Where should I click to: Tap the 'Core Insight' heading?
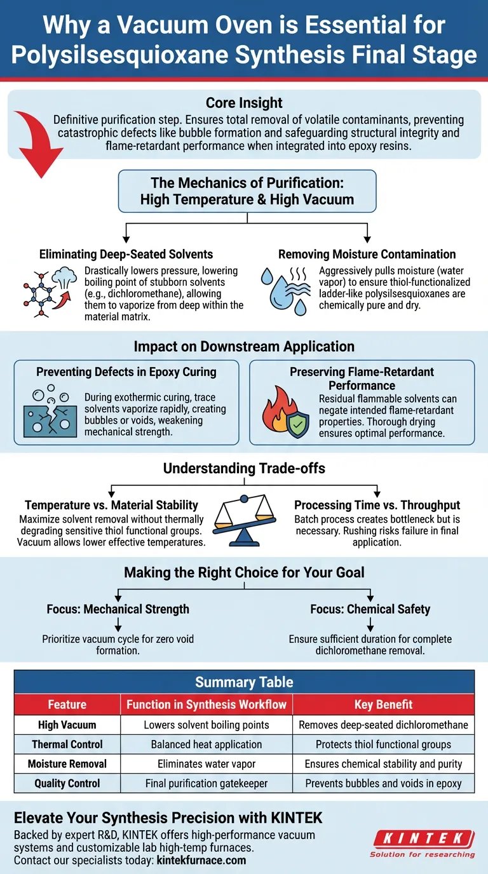(244, 103)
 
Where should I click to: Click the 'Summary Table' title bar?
(244, 682)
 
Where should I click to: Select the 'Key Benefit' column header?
(384, 704)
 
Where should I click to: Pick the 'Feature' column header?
(67, 704)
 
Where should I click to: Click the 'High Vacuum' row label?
(67, 725)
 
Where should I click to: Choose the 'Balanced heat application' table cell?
(207, 744)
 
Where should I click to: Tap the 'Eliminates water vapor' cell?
(207, 764)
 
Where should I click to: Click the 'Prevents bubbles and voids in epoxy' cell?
(384, 784)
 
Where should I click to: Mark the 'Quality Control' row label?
(67, 784)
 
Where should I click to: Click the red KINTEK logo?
(422, 839)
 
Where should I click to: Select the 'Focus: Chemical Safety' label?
(370, 609)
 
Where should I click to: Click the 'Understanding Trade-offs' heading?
(244, 469)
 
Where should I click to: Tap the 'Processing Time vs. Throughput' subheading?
(377, 506)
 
